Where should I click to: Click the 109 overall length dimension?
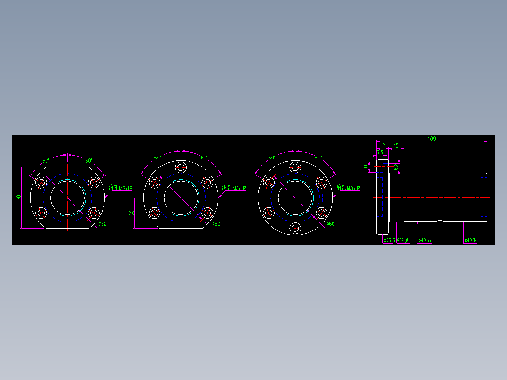431,139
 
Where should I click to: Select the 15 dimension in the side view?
396,146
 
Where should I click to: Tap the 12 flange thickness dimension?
382,146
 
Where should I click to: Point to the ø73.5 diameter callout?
389,241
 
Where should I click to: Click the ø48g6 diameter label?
404,240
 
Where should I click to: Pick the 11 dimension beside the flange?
365,166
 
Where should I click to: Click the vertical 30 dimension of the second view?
132,213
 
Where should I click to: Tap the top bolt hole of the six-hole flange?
295,167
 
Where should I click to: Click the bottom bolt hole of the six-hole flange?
295,228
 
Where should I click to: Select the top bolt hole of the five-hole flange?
181,167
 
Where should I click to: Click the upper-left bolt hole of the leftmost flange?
41,182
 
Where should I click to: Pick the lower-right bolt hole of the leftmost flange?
94,213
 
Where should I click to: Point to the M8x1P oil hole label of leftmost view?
120,188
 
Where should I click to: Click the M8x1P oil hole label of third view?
348,188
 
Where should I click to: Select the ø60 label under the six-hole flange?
330,224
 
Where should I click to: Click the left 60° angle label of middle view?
157,158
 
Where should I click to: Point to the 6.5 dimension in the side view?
380,153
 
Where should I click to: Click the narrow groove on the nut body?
440,197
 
